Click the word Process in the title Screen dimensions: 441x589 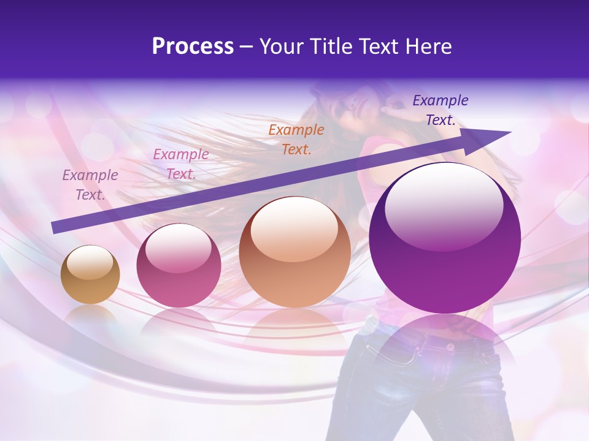pyautogui.click(x=193, y=47)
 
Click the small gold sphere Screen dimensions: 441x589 pyautogui.click(x=90, y=274)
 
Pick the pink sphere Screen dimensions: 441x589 pyautogui.click(x=179, y=266)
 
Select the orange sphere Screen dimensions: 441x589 pyautogui.click(x=295, y=252)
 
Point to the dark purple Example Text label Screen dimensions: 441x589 pyautogui.click(x=441, y=110)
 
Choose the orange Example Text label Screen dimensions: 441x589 pyautogui.click(x=296, y=139)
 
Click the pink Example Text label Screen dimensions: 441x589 pyautogui.click(x=181, y=164)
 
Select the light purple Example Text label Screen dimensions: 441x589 pyautogui.click(x=90, y=185)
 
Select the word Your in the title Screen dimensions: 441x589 pyautogui.click(x=281, y=47)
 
